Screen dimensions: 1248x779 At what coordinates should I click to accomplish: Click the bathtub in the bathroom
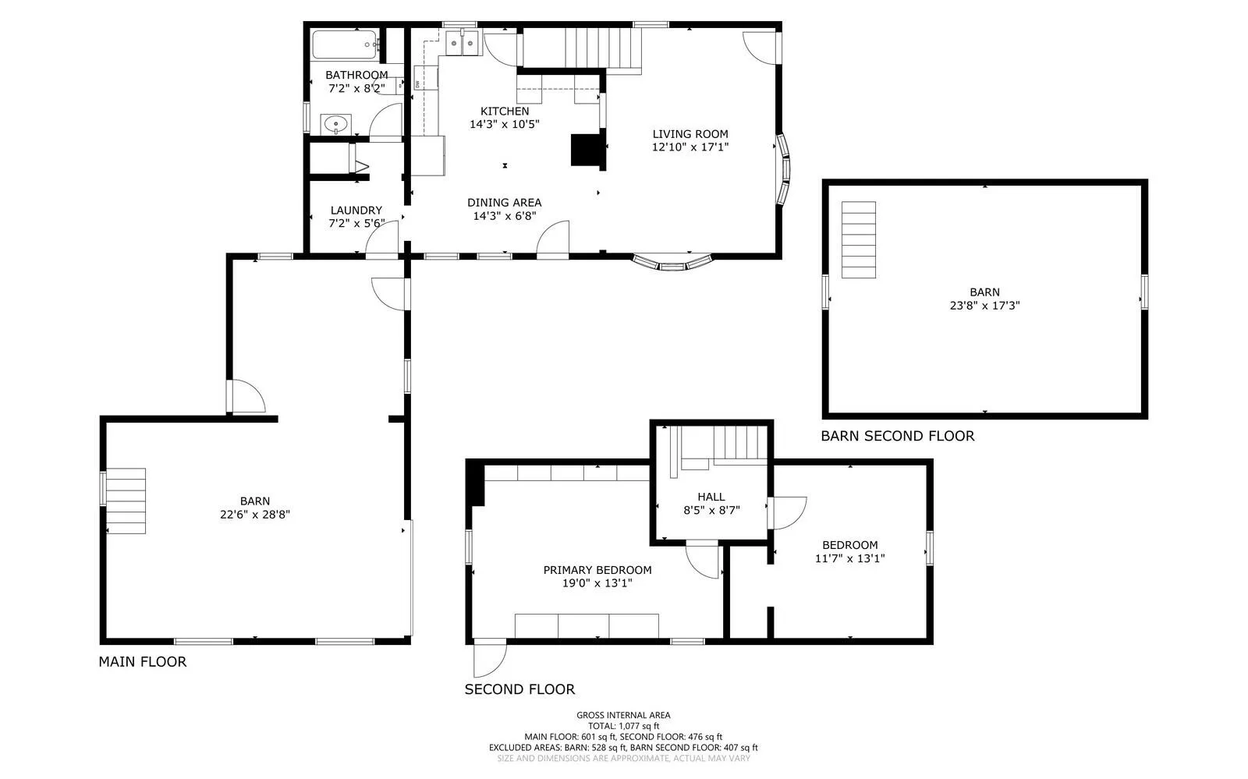[x=345, y=44]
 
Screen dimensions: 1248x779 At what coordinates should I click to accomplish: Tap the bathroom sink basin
[x=336, y=124]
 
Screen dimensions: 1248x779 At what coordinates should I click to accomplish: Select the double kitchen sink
[x=463, y=43]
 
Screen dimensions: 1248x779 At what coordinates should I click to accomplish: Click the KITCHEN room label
[x=505, y=111]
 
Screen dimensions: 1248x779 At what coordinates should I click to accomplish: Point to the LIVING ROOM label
[x=690, y=133]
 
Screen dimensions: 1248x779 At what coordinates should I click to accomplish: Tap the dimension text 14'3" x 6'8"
[x=505, y=216]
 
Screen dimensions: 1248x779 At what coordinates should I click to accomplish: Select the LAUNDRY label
[x=356, y=210]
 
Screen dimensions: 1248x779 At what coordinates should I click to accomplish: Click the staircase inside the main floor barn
[x=126, y=501]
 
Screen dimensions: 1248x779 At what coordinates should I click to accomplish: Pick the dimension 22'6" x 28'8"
[x=255, y=515]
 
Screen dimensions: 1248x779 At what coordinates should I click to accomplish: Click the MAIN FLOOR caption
[x=143, y=661]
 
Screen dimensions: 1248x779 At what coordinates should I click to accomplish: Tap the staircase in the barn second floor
[x=859, y=239]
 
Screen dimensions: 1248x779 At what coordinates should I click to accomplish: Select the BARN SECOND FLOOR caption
[x=898, y=436]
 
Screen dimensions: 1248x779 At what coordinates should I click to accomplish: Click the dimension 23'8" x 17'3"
[x=985, y=305]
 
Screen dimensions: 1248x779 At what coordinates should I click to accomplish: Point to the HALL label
[x=711, y=497]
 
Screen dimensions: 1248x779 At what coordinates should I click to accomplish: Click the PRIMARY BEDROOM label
[x=597, y=570]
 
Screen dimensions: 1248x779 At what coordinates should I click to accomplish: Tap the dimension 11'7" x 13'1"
[x=849, y=558]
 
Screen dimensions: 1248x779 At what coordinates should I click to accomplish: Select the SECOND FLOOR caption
[x=519, y=689]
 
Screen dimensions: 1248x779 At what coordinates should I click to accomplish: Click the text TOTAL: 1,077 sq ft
[x=623, y=726]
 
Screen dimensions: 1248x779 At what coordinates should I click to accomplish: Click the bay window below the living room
[x=673, y=264]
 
